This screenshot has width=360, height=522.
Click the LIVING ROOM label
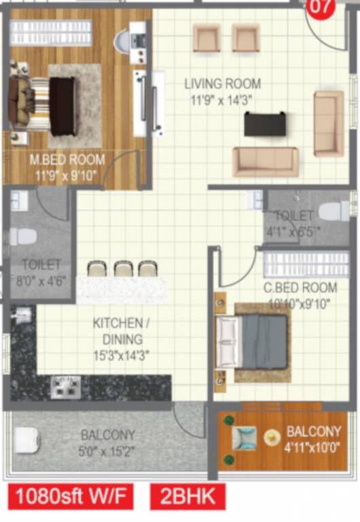click(223, 84)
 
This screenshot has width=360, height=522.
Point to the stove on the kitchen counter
click(66, 385)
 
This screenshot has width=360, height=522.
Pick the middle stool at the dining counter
click(123, 268)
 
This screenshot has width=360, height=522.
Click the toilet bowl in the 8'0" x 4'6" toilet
click(23, 237)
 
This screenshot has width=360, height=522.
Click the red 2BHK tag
click(187, 496)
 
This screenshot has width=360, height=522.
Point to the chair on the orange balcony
click(244, 438)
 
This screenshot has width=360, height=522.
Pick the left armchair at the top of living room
click(206, 38)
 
